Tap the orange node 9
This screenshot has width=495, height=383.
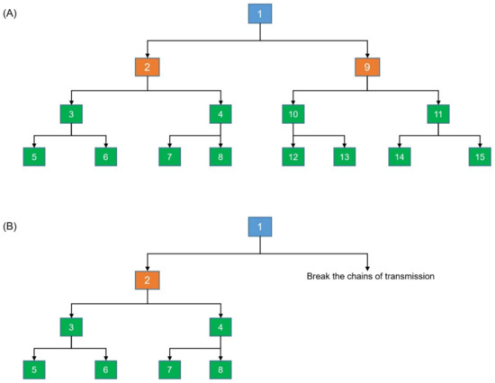click(x=367, y=67)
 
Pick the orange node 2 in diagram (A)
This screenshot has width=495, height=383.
click(x=148, y=67)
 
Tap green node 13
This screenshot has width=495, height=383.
click(x=343, y=157)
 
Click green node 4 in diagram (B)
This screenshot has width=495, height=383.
click(x=220, y=327)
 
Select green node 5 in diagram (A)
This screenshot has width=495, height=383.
click(x=35, y=157)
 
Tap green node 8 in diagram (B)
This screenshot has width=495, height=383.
click(x=220, y=368)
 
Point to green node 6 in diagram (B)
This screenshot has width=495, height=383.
click(x=107, y=368)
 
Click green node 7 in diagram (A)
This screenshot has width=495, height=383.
click(x=170, y=157)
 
